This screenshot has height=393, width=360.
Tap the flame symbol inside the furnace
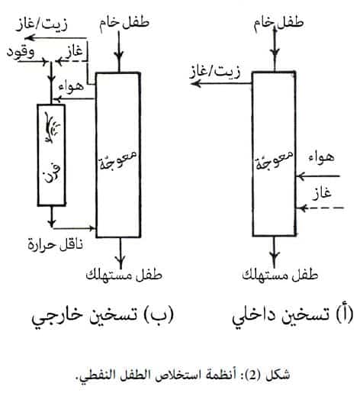[52, 127]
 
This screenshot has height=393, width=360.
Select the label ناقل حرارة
[55, 245]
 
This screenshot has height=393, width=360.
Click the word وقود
[21, 53]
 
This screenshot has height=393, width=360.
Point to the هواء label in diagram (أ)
[321, 158]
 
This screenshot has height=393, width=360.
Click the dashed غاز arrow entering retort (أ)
[322, 208]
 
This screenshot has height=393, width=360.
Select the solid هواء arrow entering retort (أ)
[318, 176]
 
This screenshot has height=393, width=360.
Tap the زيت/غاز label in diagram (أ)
[215, 72]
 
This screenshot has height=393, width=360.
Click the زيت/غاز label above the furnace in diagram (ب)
[42, 24]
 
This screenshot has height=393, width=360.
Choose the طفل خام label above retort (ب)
[124, 22]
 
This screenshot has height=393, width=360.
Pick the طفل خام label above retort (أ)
[278, 22]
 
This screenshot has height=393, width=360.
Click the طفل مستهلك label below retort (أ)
[280, 275]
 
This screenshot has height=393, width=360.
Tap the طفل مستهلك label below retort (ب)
[124, 275]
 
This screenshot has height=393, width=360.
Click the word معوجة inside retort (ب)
[117, 159]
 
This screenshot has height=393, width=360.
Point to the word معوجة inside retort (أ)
[274, 159]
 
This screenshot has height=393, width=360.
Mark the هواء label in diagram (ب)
[71, 86]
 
